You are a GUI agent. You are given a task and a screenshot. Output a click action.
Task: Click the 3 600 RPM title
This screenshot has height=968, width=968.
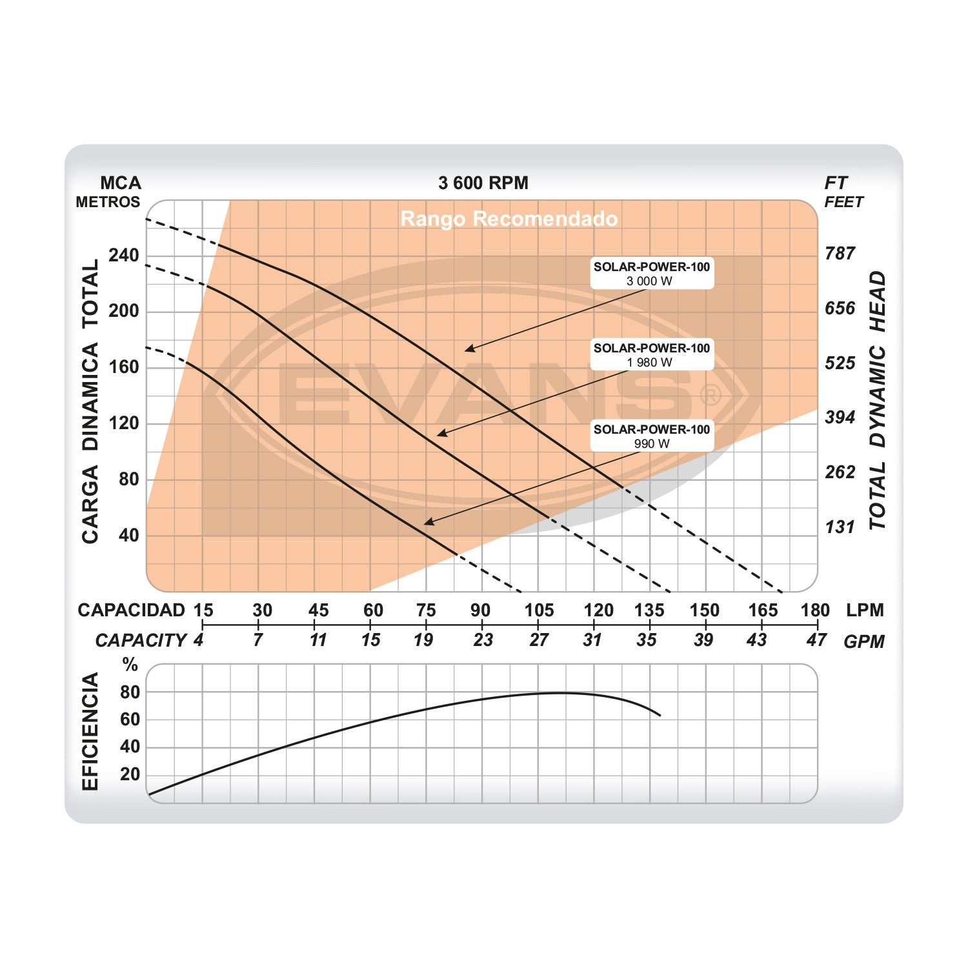pos(483,183)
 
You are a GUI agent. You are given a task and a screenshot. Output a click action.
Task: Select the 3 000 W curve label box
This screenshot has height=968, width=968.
pos(652,274)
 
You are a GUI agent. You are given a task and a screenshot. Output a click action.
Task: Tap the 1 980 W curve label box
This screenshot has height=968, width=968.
pos(652,355)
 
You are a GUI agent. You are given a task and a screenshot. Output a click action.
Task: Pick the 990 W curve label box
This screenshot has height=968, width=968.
pos(652,436)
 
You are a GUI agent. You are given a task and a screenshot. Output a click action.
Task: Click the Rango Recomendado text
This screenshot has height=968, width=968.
pos(509,219)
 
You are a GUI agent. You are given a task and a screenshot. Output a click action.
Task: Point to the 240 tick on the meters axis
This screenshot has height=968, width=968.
pos(124,256)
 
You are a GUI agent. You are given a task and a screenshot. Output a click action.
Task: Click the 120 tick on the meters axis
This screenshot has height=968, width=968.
pos(124,423)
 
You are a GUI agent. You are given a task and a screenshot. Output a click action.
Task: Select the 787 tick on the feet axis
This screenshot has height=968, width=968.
pos(840,254)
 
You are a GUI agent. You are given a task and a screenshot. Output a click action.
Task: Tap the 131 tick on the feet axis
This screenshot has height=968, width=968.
pos(840,527)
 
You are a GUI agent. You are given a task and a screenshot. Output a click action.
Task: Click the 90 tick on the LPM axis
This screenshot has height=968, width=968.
pos(480,610)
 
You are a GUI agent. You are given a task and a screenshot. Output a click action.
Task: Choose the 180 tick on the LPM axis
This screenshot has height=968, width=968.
pos(815,610)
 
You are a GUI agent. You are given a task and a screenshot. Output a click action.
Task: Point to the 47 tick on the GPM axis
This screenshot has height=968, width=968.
pos(816,640)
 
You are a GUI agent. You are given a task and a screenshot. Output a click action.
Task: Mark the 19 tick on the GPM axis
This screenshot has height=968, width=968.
pos(423,640)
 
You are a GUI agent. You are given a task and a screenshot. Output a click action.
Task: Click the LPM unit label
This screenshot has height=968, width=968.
pos(865,610)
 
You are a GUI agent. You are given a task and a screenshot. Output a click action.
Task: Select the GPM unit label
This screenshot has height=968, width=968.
pos(864,641)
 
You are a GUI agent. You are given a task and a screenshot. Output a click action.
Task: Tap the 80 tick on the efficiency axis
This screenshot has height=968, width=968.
pos(130,692)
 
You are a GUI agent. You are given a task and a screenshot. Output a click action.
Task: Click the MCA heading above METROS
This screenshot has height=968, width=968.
pos(121,183)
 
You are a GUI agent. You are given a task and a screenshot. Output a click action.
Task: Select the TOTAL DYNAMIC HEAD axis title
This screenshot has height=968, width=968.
pos(877,400)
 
